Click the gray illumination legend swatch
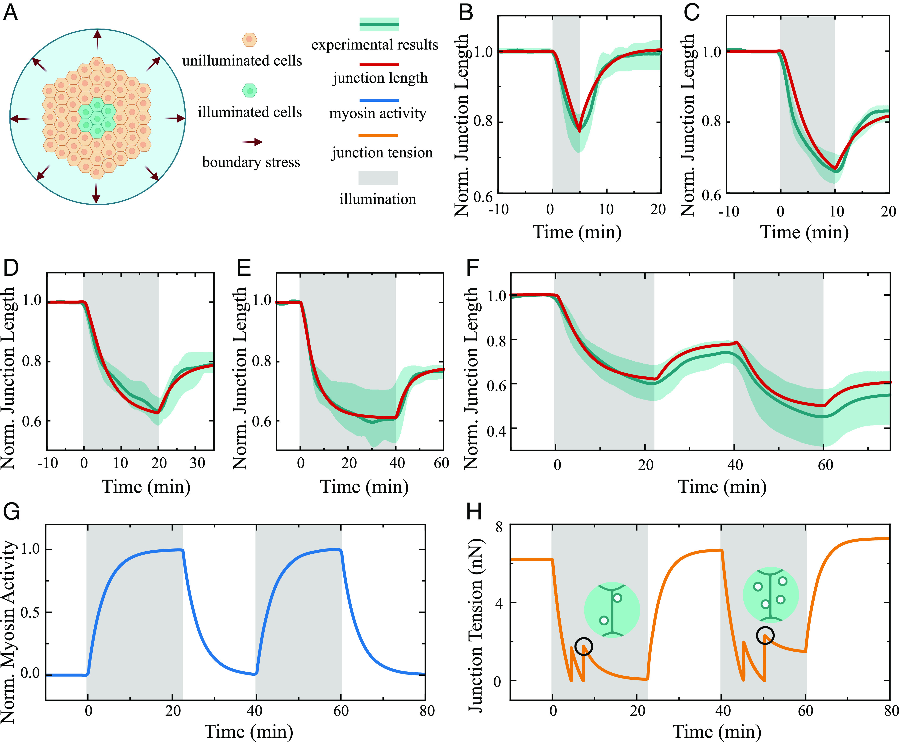point(378,178)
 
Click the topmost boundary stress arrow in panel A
point(98,39)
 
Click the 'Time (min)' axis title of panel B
point(577,232)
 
